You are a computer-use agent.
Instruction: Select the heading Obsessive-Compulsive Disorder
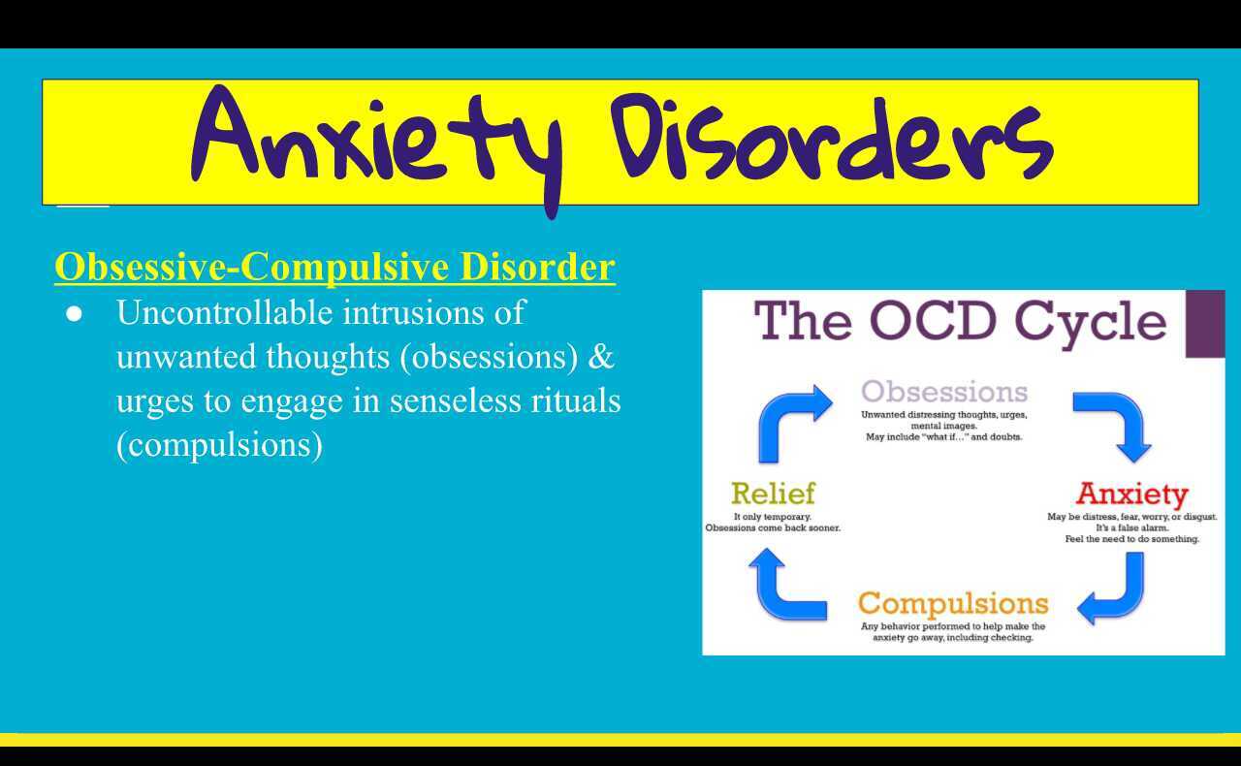334,267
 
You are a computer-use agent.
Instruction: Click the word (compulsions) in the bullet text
219,445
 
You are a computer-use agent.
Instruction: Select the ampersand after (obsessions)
602,357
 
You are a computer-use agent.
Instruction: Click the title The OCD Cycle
960,321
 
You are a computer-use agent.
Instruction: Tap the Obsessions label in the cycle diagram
943,392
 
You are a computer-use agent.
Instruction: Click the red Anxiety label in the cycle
1131,494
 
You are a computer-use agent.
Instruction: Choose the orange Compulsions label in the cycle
953,603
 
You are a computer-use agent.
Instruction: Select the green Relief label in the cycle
773,494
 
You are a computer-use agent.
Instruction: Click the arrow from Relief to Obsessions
790,421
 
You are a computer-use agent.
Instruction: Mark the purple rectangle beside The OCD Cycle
1205,324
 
